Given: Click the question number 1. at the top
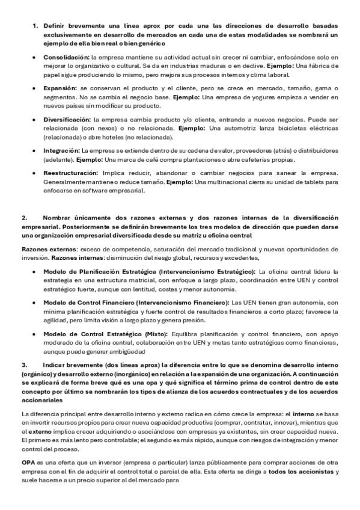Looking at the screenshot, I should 35,26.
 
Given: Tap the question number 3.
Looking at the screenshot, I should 24,364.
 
